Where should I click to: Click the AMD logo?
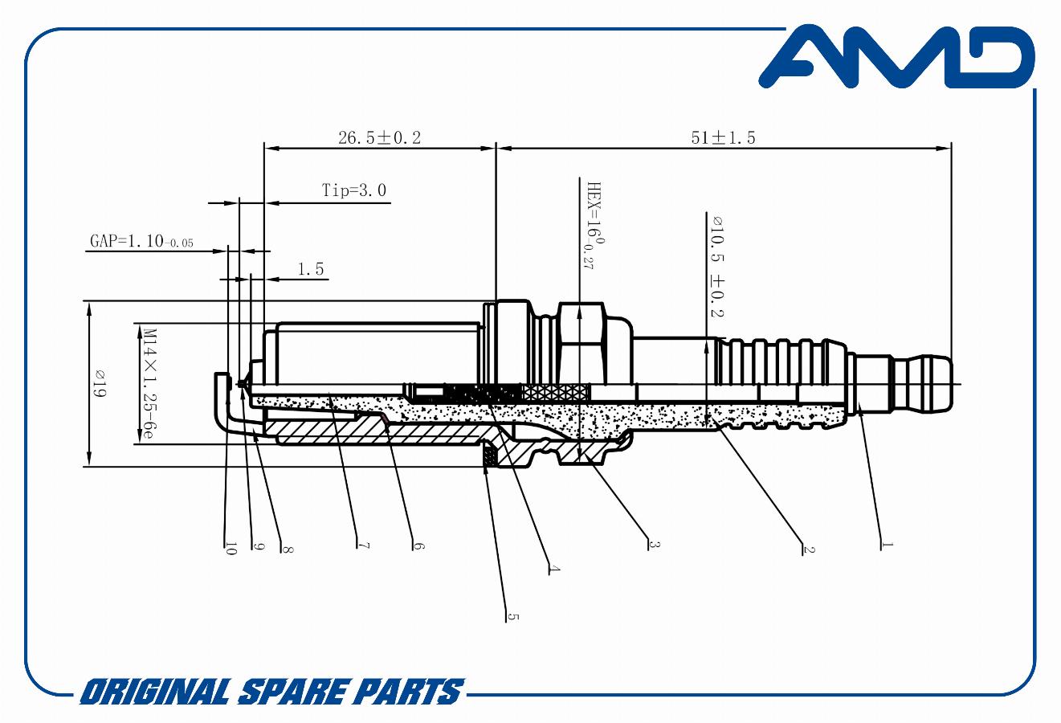(x=896, y=56)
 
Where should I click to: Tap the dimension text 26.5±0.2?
(x=379, y=137)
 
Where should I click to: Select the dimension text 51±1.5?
(x=724, y=137)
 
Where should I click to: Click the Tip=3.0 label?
(x=354, y=190)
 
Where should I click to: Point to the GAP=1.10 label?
(x=141, y=241)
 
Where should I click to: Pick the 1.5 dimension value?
(x=311, y=269)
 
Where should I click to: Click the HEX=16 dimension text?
(x=595, y=226)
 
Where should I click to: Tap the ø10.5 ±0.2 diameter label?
(x=717, y=267)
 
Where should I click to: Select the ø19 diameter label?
(x=99, y=384)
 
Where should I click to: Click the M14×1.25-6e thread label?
(x=149, y=384)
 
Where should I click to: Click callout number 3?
(x=654, y=545)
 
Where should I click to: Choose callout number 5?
(x=513, y=617)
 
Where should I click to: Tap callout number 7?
(x=363, y=545)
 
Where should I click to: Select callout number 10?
(x=231, y=549)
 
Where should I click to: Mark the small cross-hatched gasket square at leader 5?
(x=489, y=457)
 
